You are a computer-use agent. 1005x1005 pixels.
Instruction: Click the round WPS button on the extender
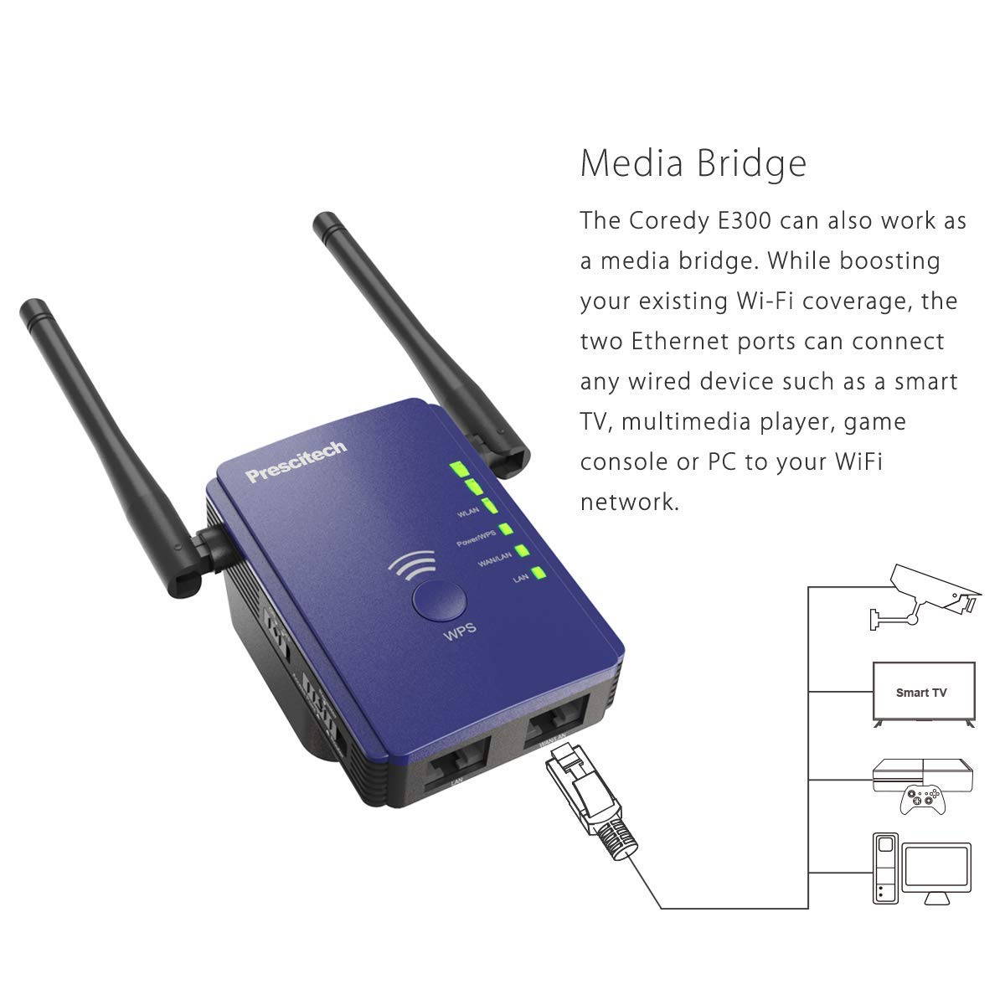[x=440, y=600]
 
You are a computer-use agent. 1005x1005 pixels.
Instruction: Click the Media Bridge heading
[x=693, y=163]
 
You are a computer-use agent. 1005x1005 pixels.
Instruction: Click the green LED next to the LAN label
[x=538, y=575]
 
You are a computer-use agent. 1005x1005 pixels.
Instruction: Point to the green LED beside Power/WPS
[x=505, y=530]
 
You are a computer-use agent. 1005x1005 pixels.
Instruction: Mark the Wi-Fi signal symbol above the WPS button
[x=412, y=567]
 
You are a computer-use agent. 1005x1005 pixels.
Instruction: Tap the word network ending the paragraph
[x=628, y=502]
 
